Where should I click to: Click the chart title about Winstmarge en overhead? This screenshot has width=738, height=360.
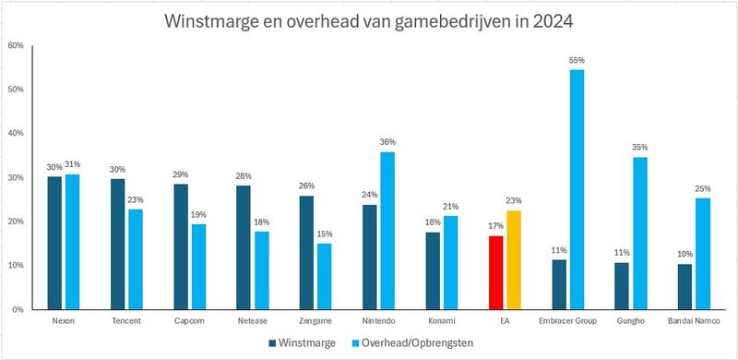point(369,20)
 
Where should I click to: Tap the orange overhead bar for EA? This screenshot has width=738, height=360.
point(514,260)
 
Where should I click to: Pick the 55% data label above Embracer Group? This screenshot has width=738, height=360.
point(577,60)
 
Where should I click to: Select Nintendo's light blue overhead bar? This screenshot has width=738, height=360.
point(387,231)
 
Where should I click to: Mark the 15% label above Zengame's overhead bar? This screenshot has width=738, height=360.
point(325,234)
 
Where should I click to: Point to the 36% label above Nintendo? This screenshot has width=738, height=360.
point(387,142)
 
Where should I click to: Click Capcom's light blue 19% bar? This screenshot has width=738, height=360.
point(198,267)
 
